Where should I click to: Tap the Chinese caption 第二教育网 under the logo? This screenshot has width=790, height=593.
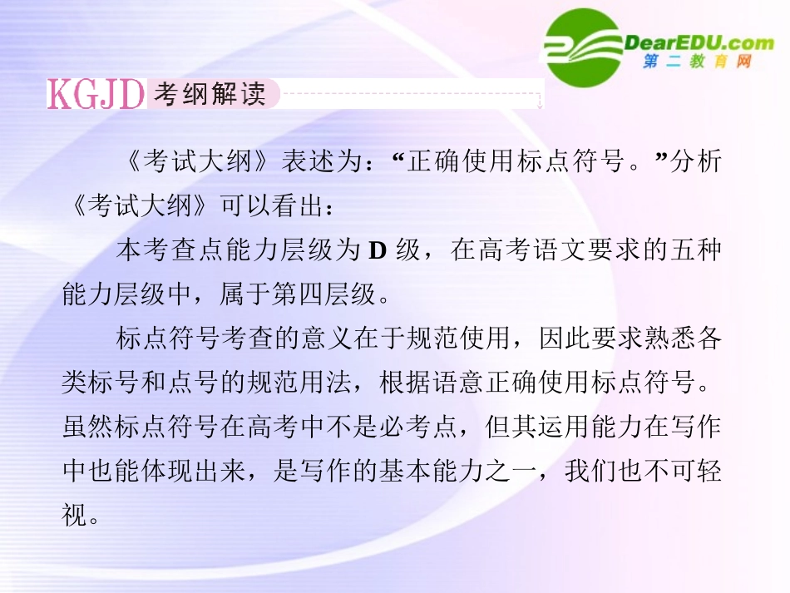coord(697,62)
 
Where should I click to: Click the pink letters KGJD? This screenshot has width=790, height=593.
coord(96,95)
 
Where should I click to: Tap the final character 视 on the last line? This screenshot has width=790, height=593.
coord(76,516)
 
